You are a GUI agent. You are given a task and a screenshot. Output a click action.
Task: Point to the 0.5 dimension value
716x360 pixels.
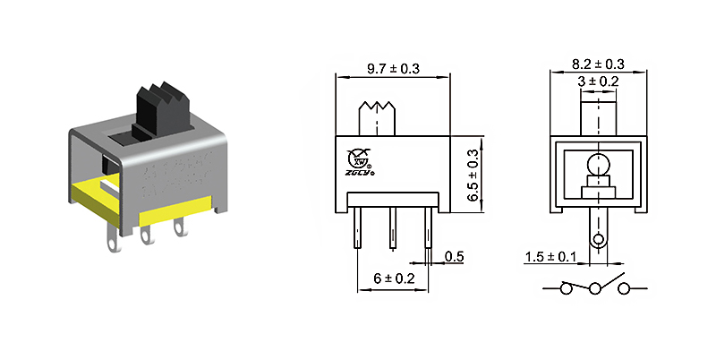[x=455, y=258]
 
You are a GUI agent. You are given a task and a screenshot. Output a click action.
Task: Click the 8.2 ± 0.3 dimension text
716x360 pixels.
[x=597, y=64]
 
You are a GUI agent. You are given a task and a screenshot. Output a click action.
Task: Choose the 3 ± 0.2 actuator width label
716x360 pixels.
[x=597, y=81]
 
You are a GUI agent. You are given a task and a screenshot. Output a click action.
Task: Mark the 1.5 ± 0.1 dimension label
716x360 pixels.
[x=551, y=258]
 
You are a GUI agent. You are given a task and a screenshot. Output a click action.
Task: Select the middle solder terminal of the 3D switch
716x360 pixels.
[x=146, y=235]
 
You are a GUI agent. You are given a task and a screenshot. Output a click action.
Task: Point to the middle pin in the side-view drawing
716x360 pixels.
[x=392, y=227]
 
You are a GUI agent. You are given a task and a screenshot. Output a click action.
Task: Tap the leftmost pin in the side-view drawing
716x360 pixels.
[x=357, y=227]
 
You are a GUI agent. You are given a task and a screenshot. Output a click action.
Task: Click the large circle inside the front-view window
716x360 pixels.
[x=596, y=165]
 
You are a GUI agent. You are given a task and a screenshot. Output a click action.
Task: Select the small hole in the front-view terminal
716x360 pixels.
[x=597, y=239]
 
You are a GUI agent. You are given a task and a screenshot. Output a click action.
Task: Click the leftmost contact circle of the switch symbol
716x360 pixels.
[x=566, y=289]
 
